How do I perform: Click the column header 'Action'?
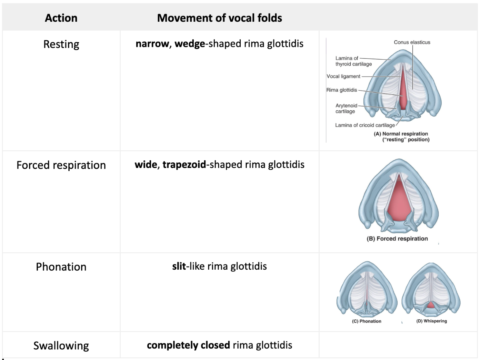click(x=61, y=18)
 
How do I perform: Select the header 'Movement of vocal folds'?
click(x=219, y=18)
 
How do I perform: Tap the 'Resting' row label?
click(x=61, y=44)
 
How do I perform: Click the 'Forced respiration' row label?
click(x=61, y=165)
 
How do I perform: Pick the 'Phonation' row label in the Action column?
click(x=61, y=267)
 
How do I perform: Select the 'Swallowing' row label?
click(x=61, y=346)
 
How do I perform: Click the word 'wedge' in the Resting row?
click(x=190, y=44)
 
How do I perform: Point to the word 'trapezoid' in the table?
click(x=184, y=164)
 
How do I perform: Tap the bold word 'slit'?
click(x=179, y=266)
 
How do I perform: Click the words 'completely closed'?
click(x=188, y=345)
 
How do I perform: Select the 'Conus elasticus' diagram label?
click(x=412, y=42)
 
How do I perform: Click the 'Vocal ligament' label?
click(x=343, y=77)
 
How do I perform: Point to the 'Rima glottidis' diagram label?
click(x=342, y=90)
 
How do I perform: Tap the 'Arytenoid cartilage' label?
click(x=346, y=108)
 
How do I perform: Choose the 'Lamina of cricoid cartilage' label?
click(x=365, y=125)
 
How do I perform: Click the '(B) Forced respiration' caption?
click(x=397, y=239)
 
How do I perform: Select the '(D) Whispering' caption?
click(x=431, y=321)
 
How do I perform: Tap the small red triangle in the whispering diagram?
click(x=431, y=305)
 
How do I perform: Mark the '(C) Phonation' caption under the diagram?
click(x=367, y=321)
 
